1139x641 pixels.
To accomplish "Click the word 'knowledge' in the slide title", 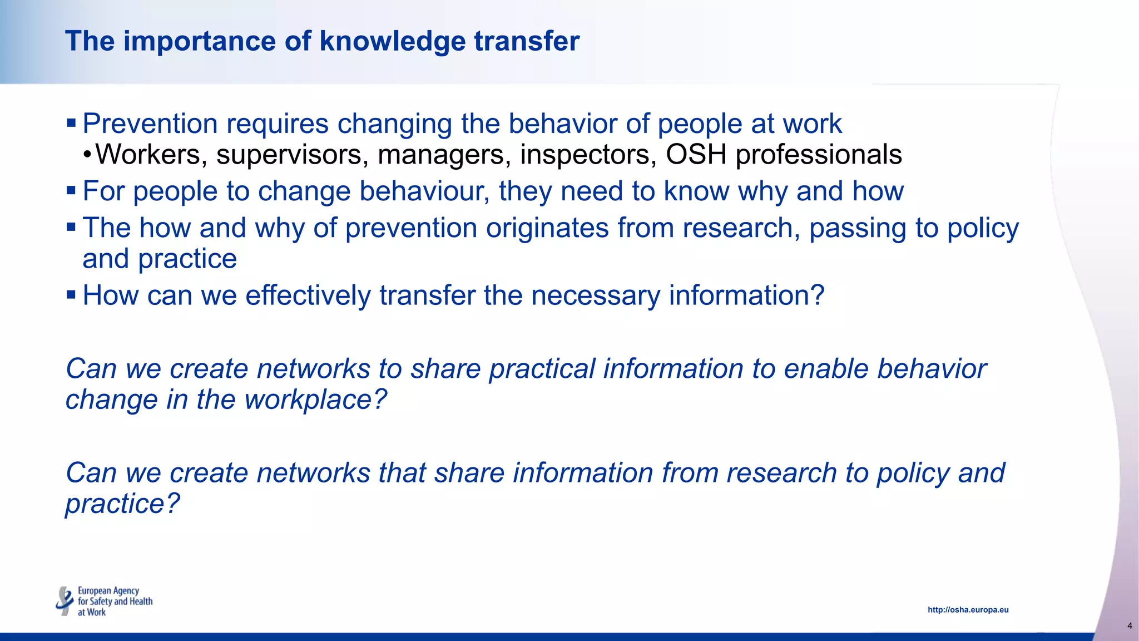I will coord(392,41).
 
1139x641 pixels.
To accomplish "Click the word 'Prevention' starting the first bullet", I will coord(150,124).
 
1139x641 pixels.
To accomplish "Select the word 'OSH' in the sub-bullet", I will coord(696,154).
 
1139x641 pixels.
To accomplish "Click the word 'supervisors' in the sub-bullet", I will coord(292,154).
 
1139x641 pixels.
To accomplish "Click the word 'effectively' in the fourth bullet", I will coord(308,295).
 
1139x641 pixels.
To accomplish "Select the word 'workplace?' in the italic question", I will coord(315,400).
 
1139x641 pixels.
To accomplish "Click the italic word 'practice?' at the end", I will coord(123,504).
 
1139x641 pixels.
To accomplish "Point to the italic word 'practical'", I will coord(542,368).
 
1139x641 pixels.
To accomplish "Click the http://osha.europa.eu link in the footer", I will coord(968,610).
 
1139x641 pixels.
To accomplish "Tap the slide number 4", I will coord(1129,626).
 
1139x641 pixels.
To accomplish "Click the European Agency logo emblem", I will coord(65,601).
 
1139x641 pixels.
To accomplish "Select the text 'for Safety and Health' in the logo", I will coord(115,601).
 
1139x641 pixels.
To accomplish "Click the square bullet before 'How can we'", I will coord(71,294).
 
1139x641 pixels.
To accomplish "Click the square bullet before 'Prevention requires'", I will coord(71,122).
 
